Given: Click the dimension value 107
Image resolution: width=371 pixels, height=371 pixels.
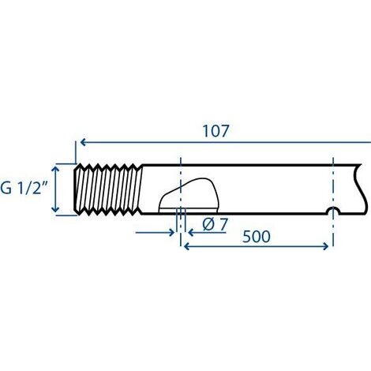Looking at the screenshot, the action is [215, 131].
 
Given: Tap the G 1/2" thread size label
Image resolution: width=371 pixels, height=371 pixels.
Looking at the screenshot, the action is [24, 188].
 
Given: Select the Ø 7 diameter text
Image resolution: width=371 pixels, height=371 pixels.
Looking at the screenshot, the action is [215, 224].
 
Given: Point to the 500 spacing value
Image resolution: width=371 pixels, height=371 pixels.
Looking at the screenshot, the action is [257, 236].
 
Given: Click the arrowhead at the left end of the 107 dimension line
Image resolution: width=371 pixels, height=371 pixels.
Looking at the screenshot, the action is [83, 142].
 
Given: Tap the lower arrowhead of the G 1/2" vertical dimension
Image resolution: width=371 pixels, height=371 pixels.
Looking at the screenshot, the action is [55, 208].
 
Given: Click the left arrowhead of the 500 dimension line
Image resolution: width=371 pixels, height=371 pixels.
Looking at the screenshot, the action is [186, 246].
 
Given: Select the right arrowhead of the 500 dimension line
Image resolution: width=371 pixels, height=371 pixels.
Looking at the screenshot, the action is [325, 246].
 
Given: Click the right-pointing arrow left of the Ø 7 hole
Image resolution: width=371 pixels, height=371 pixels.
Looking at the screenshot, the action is [155, 233].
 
